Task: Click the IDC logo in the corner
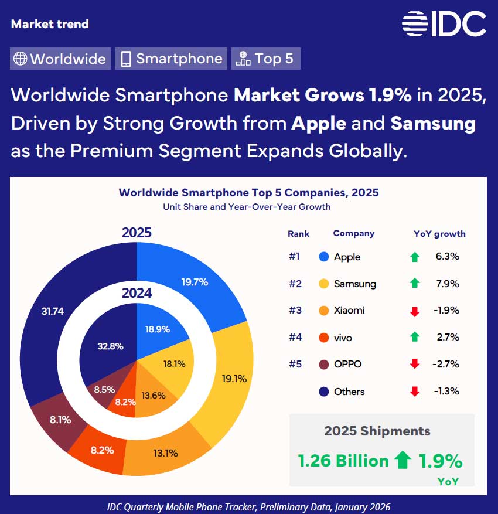tap(444, 23)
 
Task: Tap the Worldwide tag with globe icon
tap(60, 59)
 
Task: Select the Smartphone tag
tap(171, 59)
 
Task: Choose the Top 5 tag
tap(266, 59)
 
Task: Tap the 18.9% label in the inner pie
tap(158, 329)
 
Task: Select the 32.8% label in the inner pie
tap(111, 346)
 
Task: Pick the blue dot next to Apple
tap(323, 257)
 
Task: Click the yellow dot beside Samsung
tap(323, 284)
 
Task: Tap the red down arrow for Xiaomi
tap(415, 311)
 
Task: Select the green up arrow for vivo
tap(415, 337)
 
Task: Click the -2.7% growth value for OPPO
tap(446, 364)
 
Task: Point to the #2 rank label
tap(295, 284)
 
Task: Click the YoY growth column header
tap(439, 233)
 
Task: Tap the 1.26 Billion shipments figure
tap(343, 461)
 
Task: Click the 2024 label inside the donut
tap(137, 293)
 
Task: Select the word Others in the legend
tap(349, 392)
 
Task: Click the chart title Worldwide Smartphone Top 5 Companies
tap(248, 192)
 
